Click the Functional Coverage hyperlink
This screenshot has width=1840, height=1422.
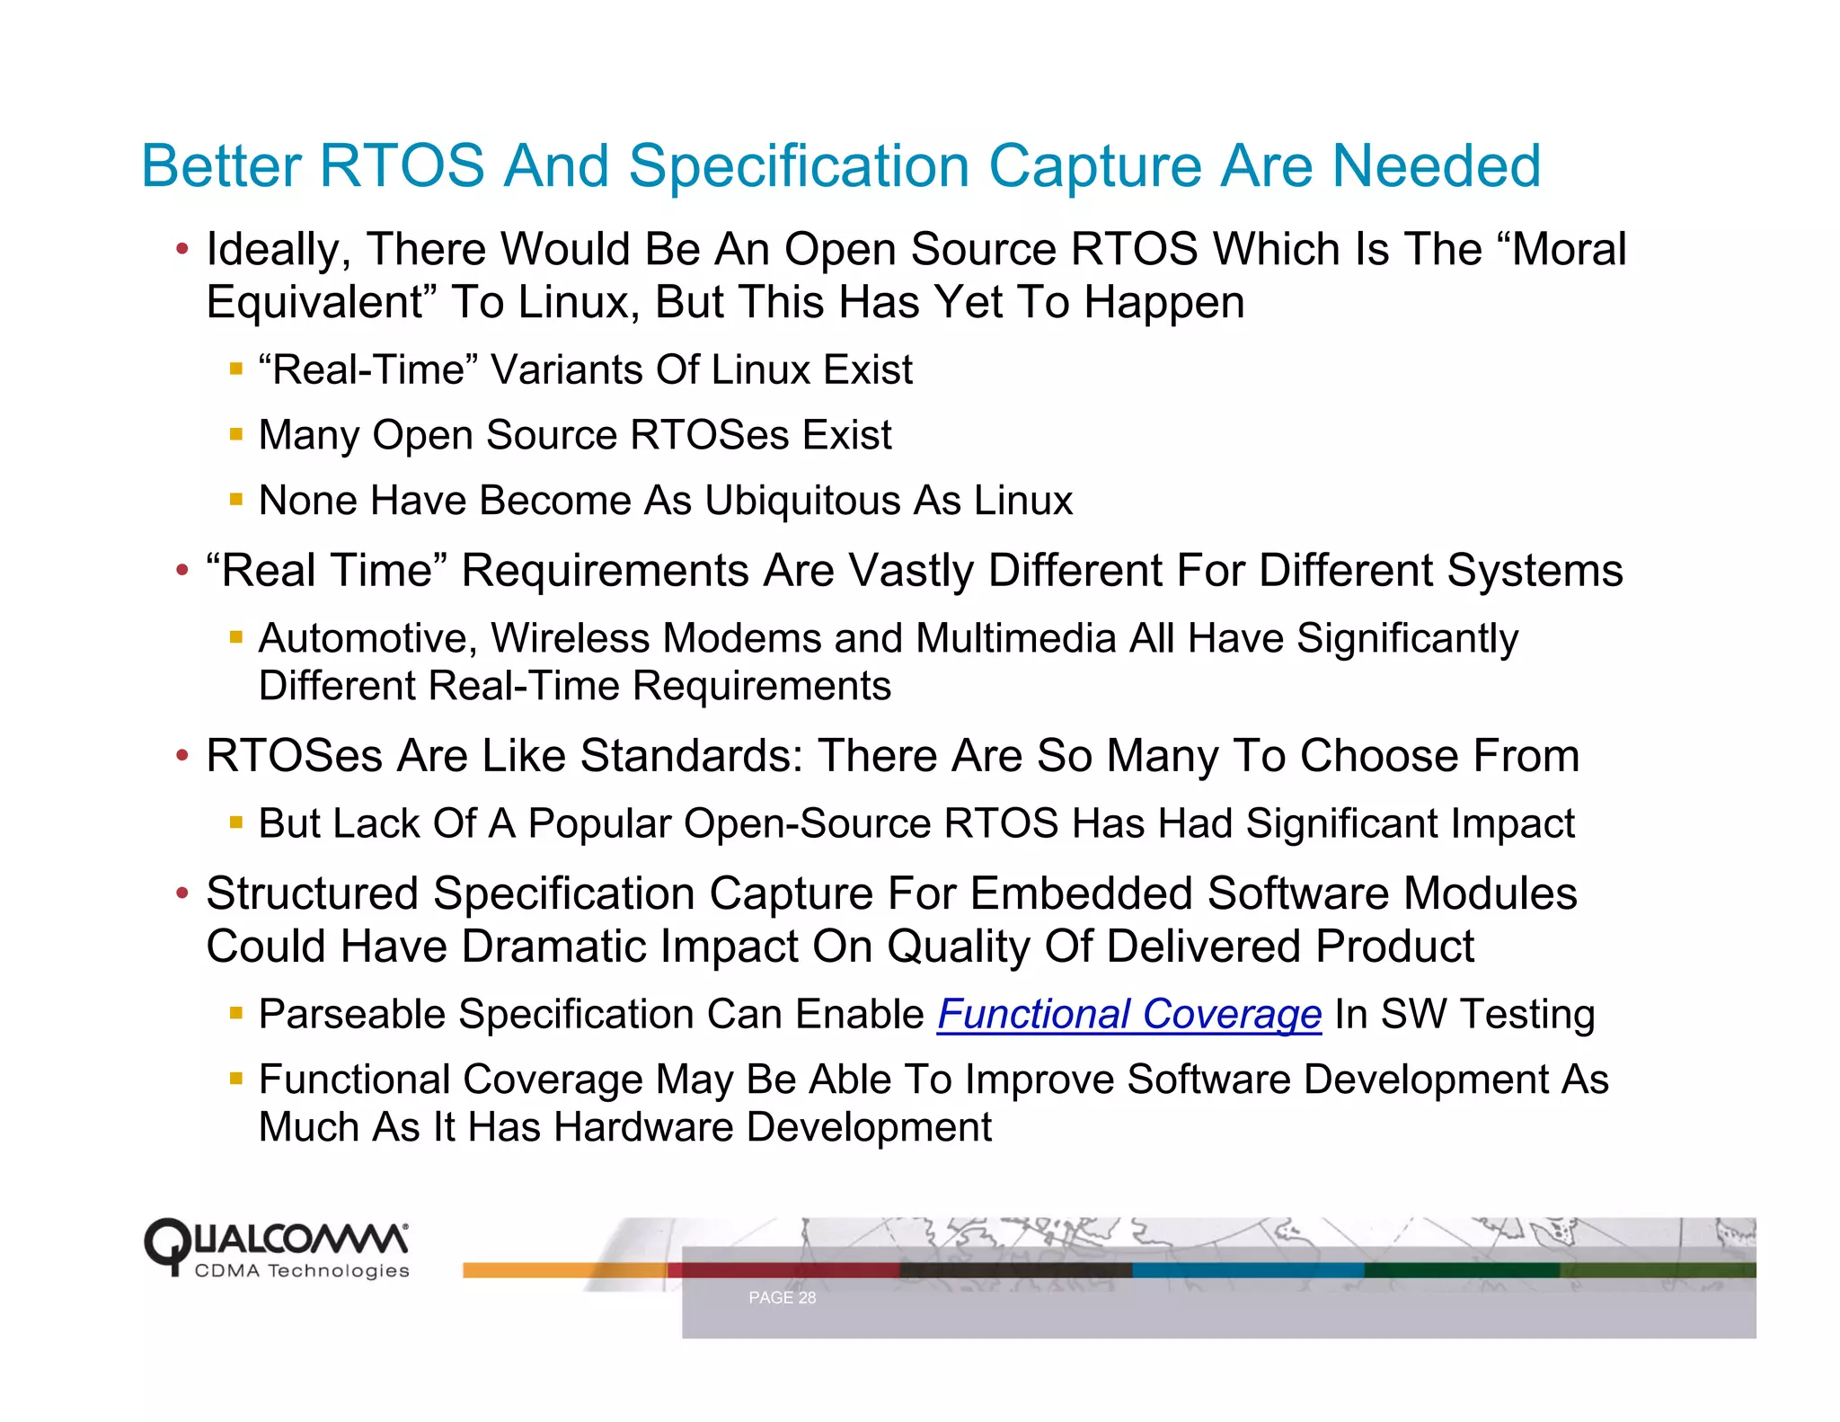(1129, 1015)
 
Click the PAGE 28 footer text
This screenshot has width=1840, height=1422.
(782, 1298)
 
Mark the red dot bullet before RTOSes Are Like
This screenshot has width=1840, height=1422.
(182, 755)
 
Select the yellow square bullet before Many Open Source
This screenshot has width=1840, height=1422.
(236, 434)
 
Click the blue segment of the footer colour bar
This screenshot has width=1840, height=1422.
(1248, 1270)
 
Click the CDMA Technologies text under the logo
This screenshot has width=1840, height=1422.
(302, 1271)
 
